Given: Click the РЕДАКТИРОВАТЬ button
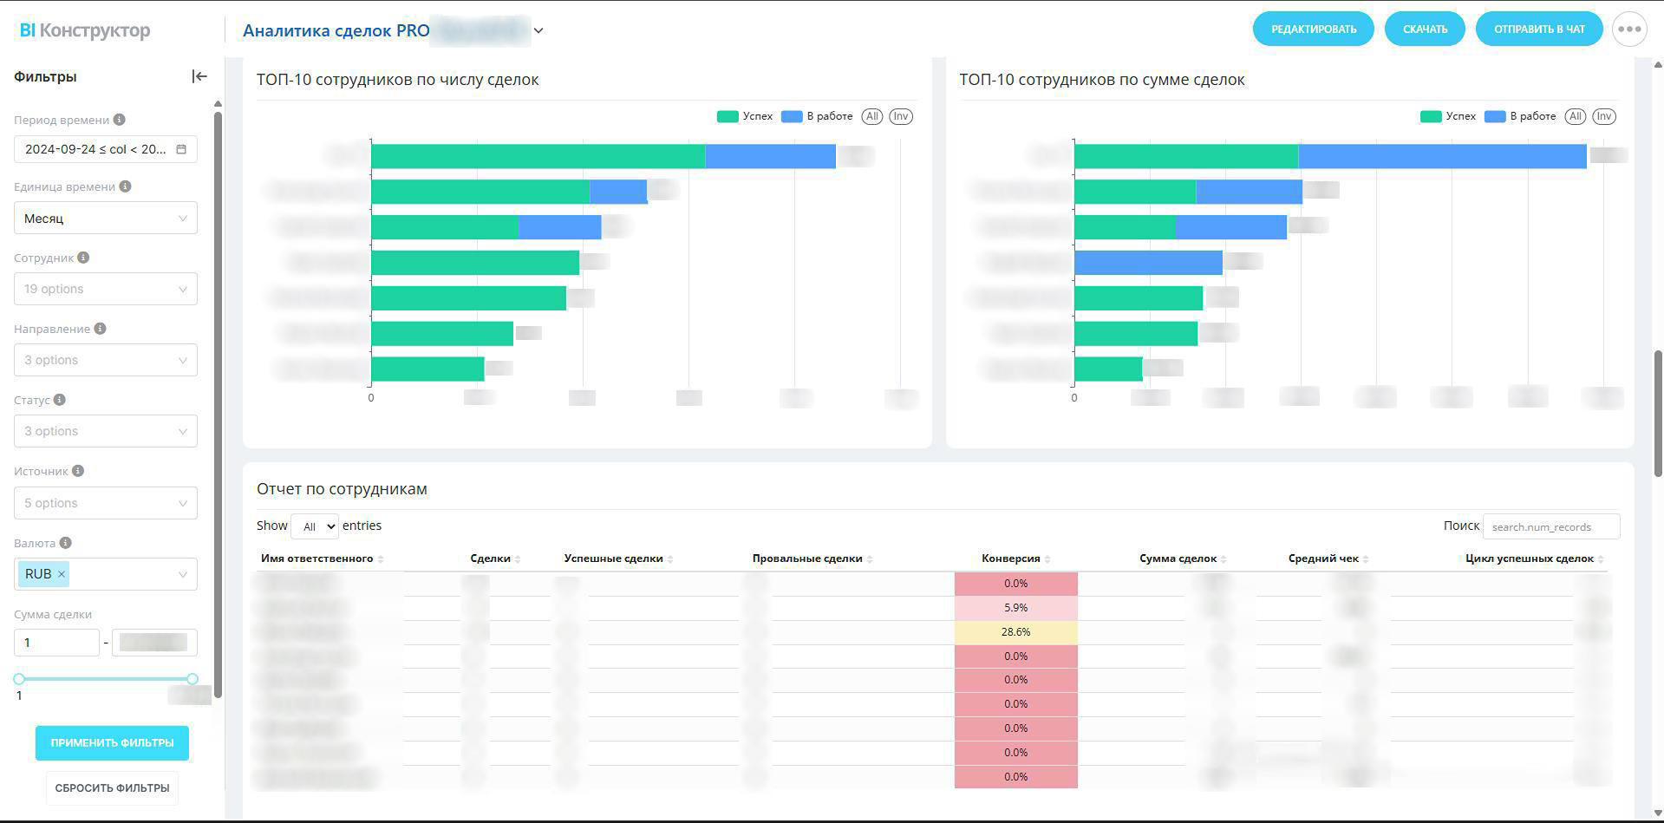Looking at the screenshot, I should [x=1313, y=29].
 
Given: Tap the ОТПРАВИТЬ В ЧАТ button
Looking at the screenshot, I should [x=1538, y=29].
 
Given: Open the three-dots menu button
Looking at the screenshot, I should [x=1629, y=29].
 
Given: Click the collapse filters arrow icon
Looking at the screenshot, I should [x=199, y=76].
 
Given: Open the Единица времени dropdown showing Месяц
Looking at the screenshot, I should [x=105, y=219].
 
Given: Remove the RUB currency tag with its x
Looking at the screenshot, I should [x=62, y=574].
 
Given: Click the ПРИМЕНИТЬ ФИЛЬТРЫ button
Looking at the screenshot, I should [x=112, y=743].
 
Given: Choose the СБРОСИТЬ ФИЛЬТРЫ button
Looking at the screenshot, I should [x=112, y=788].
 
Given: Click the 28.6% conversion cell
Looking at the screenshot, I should [x=1015, y=632].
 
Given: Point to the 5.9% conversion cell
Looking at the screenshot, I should [x=1015, y=608].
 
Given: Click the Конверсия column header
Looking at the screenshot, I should [x=1010, y=558].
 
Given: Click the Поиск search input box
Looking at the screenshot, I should [x=1550, y=526].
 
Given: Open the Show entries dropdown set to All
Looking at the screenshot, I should [x=315, y=526].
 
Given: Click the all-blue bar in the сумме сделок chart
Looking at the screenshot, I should [x=1148, y=263].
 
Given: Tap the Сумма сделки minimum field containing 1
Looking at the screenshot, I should [x=56, y=643].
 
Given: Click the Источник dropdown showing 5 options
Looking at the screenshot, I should [x=105, y=503].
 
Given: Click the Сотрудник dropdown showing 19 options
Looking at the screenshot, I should [x=105, y=289].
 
